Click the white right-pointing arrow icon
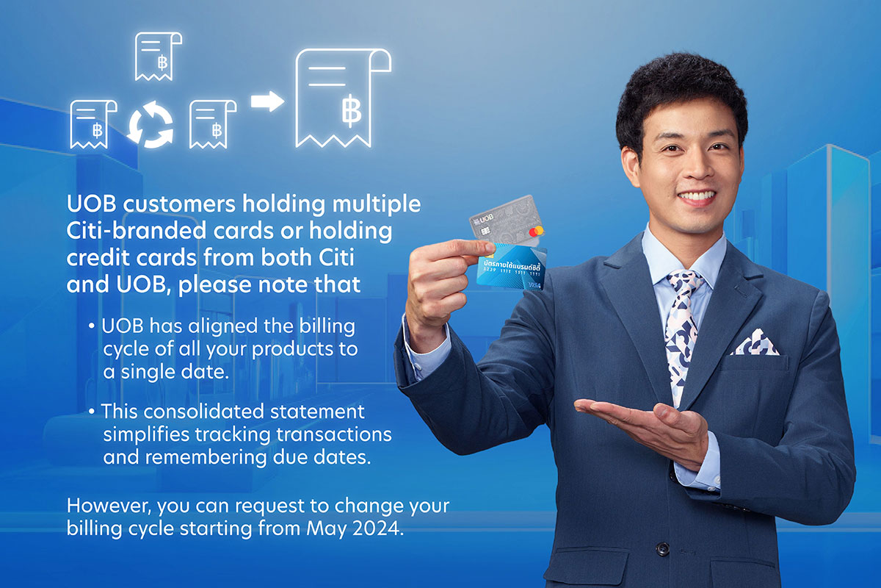267,101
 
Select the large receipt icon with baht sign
342,98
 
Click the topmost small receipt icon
157,57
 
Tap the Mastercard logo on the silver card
536,231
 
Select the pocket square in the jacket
755,343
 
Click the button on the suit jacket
663,548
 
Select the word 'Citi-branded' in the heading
136,230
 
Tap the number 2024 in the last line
378,528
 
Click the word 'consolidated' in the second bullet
205,412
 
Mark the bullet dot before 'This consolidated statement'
92,412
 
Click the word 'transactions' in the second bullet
334,435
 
